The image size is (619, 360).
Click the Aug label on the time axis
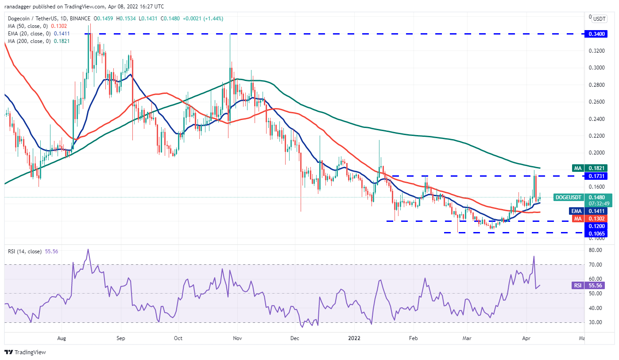click(x=62, y=338)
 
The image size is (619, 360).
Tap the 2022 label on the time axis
click(x=354, y=338)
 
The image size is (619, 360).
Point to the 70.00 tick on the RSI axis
click(x=596, y=264)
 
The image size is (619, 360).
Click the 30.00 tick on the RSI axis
click(x=596, y=322)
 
